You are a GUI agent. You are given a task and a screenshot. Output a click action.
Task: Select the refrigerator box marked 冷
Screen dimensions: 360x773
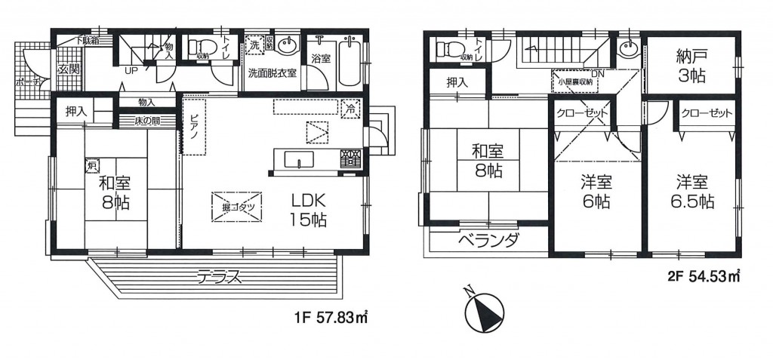pyautogui.click(x=349, y=108)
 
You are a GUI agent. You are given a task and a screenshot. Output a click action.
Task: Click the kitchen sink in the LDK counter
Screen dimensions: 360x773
pyautogui.click(x=300, y=159)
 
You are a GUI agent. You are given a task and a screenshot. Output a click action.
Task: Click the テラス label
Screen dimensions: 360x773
pyautogui.click(x=219, y=276)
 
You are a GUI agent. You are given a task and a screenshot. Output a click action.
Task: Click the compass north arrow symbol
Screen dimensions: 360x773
pyautogui.click(x=479, y=309)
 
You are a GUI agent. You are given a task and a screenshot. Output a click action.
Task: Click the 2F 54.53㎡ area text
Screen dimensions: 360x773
pyautogui.click(x=704, y=276)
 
